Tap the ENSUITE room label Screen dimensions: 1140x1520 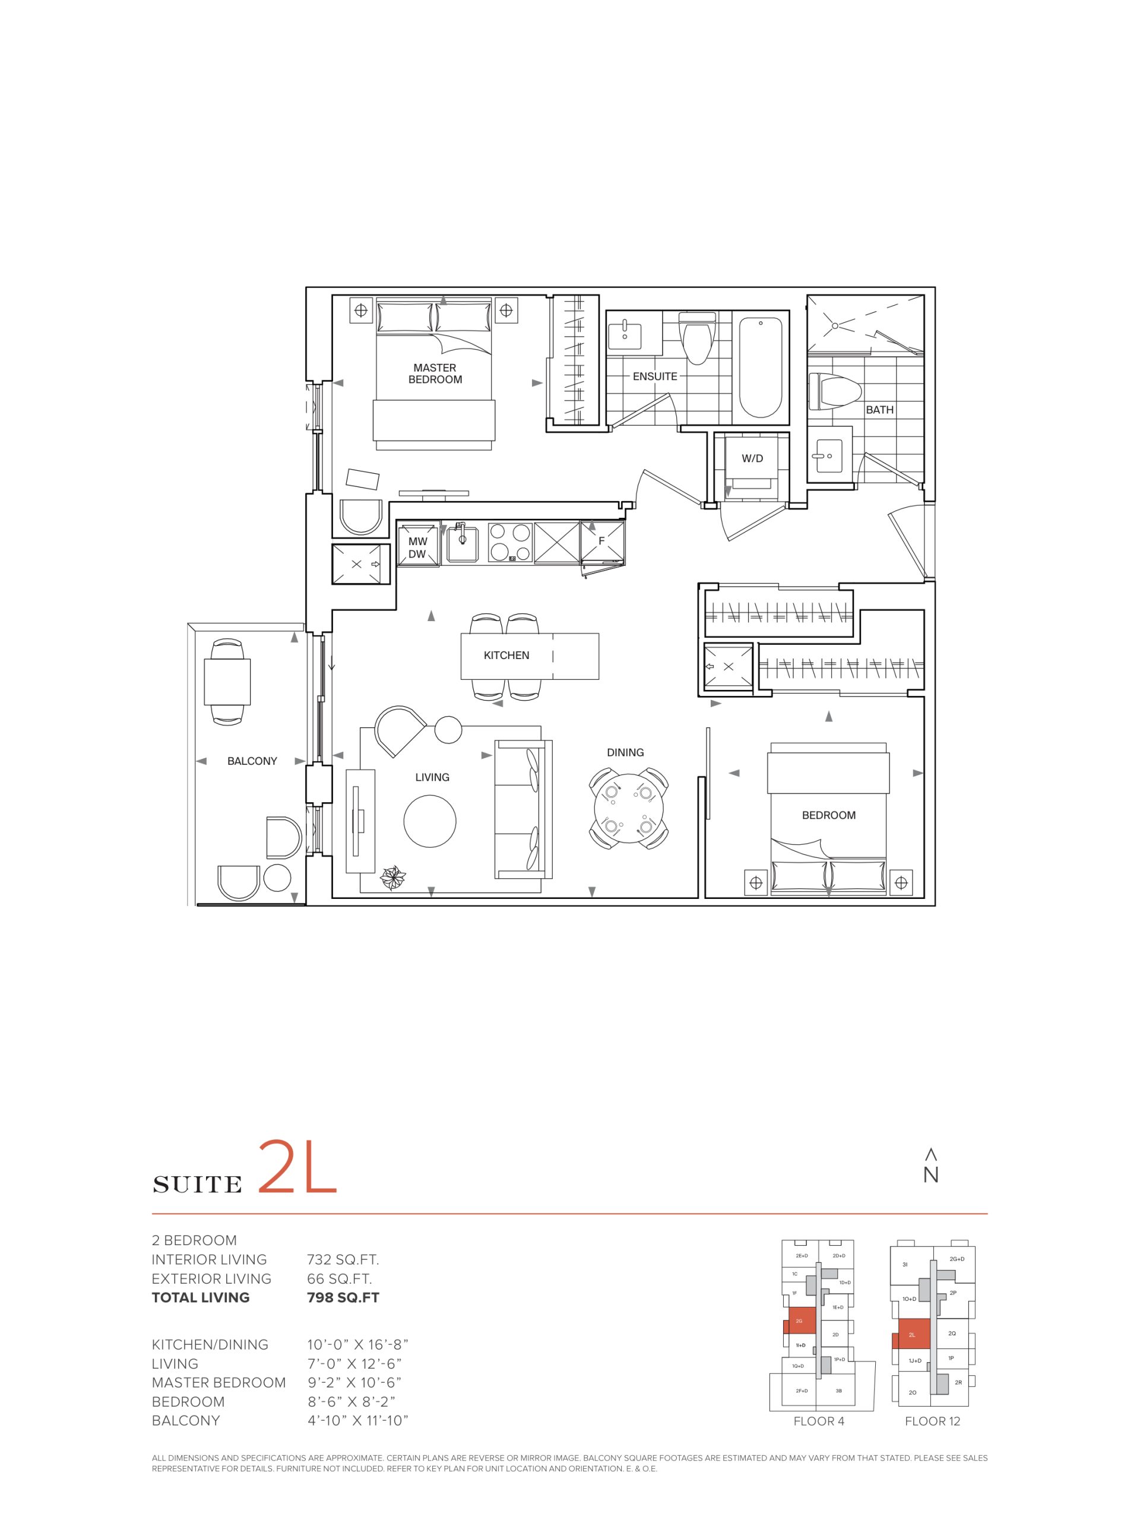click(655, 376)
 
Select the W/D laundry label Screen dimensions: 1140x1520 click(752, 458)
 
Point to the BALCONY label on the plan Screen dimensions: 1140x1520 click(252, 761)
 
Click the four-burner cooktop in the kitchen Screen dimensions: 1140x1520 click(510, 543)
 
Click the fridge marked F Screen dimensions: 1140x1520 click(603, 541)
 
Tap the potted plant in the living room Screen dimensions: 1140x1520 click(394, 878)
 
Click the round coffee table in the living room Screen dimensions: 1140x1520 click(429, 821)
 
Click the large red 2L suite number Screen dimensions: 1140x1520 click(297, 1167)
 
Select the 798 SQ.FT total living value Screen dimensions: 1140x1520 click(343, 1297)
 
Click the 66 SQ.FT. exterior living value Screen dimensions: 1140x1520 click(340, 1278)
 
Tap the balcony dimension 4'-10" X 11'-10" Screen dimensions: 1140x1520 click(358, 1420)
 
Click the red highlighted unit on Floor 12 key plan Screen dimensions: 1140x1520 click(913, 1335)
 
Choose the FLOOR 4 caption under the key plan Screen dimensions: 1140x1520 click(818, 1421)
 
